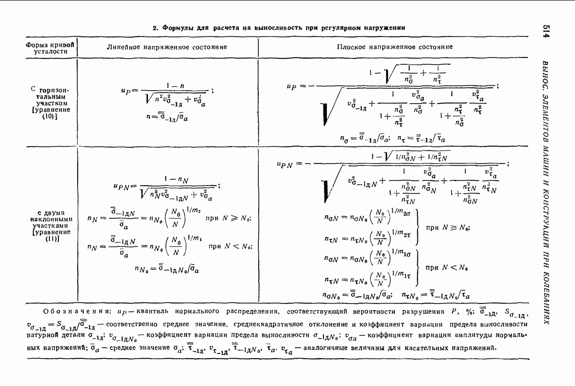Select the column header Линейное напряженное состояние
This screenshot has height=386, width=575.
click(167, 47)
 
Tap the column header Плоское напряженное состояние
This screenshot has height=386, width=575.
click(394, 47)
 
